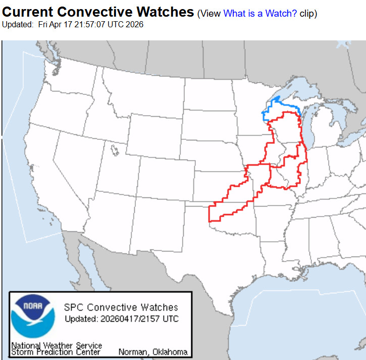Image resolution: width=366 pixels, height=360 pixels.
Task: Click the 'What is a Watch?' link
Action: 260,14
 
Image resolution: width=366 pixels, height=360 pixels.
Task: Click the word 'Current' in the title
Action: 29,12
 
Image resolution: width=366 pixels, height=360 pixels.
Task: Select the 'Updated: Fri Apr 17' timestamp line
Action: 73,24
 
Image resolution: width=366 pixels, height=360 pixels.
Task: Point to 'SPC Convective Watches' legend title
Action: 121,307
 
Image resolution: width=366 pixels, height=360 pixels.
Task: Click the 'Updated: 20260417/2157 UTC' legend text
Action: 121,319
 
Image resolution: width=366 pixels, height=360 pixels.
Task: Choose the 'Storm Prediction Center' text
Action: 56,352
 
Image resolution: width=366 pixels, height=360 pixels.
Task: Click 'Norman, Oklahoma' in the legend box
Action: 153,352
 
